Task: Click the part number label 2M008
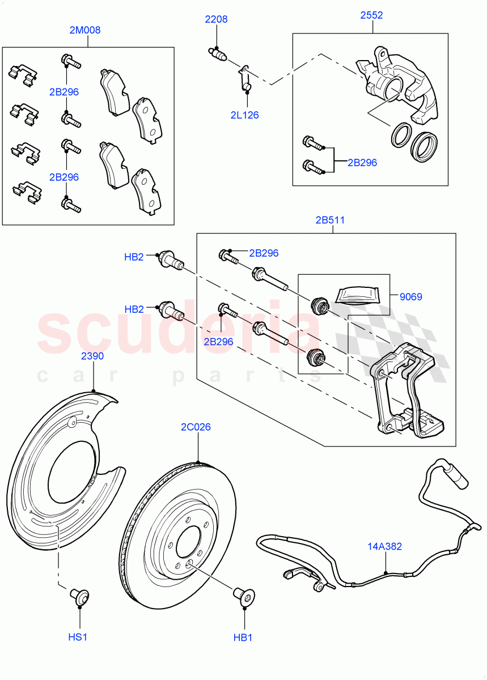[x=84, y=30]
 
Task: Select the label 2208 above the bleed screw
[x=216, y=19]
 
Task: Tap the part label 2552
[x=371, y=15]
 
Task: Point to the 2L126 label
[x=244, y=115]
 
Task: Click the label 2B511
[x=330, y=220]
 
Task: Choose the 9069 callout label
[x=410, y=296]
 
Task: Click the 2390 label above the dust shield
[x=92, y=356]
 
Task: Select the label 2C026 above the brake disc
[x=196, y=427]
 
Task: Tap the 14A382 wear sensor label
[x=385, y=546]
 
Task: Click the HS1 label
[x=78, y=637]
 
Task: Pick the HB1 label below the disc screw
[x=243, y=637]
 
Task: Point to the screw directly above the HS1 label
[x=79, y=596]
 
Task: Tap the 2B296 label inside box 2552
[x=362, y=163]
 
